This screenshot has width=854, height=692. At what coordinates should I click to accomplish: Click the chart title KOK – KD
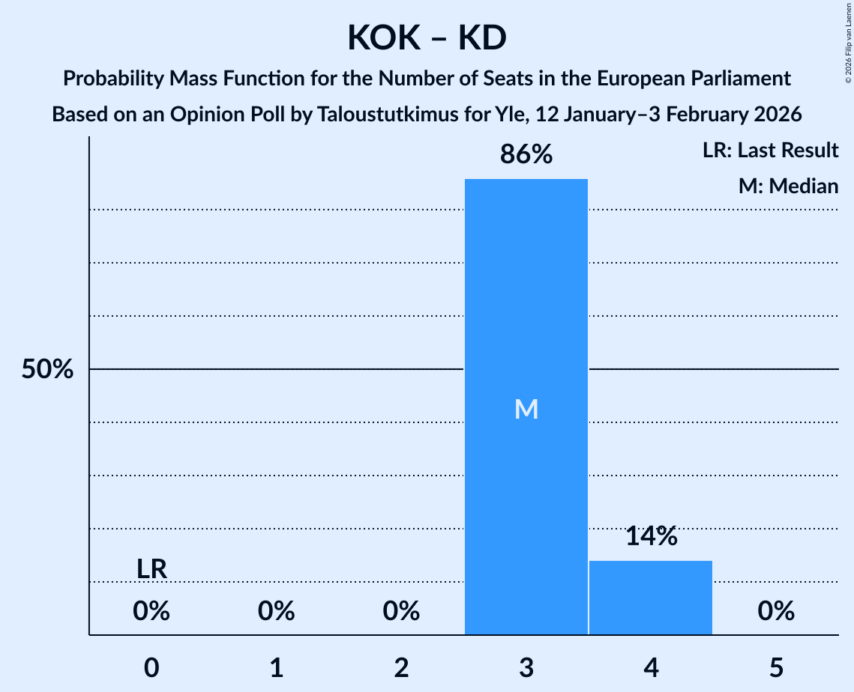(x=427, y=37)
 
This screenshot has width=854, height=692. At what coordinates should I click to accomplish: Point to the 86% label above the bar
(x=526, y=155)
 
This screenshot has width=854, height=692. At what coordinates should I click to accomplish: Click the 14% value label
(x=650, y=536)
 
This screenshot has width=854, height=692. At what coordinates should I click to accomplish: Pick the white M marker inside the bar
(x=526, y=409)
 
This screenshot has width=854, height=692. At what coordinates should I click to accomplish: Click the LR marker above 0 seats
(x=151, y=569)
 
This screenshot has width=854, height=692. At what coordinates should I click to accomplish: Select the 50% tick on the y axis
(x=47, y=370)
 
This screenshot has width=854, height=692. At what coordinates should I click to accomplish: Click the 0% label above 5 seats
(x=775, y=612)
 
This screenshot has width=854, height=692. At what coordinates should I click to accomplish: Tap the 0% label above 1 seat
(x=276, y=612)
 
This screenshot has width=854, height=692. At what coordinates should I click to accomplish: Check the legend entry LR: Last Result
(x=770, y=151)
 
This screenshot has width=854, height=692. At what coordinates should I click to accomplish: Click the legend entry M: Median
(x=788, y=186)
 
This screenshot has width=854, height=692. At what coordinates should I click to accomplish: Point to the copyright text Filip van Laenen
(x=848, y=37)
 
